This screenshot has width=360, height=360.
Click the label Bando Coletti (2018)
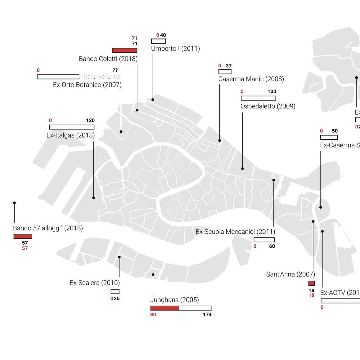click(x=108, y=59)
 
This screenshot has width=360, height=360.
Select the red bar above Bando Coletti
click(x=124, y=51)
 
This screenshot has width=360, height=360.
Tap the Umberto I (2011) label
click(x=175, y=48)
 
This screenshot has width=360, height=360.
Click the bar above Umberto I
click(x=158, y=41)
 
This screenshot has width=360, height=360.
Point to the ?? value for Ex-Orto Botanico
click(x=115, y=70)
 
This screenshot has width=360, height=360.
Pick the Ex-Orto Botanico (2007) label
click(x=87, y=85)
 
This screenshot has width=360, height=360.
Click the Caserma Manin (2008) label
click(x=251, y=79)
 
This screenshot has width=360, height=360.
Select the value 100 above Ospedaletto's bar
click(x=272, y=91)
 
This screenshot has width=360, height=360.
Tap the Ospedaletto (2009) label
click(x=268, y=106)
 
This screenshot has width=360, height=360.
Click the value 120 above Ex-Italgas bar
click(x=90, y=120)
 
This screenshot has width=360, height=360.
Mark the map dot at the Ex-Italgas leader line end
click(x=93, y=198)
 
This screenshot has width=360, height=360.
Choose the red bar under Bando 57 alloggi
click(x=23, y=236)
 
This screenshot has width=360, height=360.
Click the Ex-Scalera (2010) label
click(x=95, y=283)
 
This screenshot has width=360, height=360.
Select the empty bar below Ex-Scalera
click(x=115, y=291)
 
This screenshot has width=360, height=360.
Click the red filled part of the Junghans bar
click(x=165, y=308)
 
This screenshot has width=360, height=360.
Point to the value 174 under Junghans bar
click(x=207, y=314)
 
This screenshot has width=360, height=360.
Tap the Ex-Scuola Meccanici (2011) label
click(x=235, y=232)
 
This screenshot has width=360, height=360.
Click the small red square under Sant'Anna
click(x=312, y=283)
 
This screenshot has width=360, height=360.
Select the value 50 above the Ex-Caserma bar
click(x=335, y=131)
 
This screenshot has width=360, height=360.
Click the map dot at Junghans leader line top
click(x=153, y=275)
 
